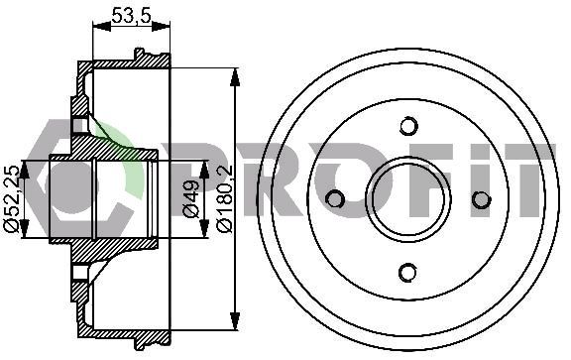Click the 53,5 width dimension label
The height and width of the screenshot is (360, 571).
pyautogui.click(x=131, y=16)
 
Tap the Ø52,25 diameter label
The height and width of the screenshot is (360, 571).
pyautogui.click(x=12, y=198)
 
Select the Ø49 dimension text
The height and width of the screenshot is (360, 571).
pyautogui.click(x=191, y=198)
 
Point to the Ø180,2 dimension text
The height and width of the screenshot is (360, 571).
pyautogui.click(x=225, y=198)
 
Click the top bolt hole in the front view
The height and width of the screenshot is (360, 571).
pyautogui.click(x=408, y=126)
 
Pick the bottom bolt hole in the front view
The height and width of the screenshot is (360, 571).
pyautogui.click(x=407, y=273)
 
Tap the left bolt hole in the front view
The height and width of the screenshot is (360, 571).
pyautogui.click(x=334, y=199)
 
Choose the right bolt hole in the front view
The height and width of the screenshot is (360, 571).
pyautogui.click(x=482, y=199)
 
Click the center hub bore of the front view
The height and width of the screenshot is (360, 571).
pyautogui.click(x=408, y=199)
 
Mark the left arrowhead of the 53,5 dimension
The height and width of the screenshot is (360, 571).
pyautogui.click(x=101, y=26)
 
